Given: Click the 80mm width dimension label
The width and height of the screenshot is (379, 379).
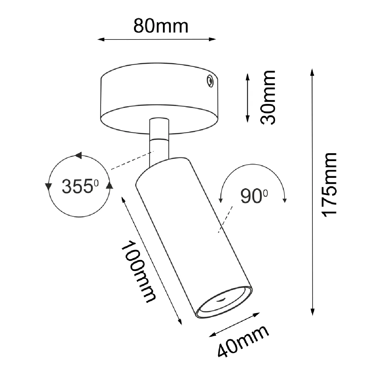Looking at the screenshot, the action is (161, 26).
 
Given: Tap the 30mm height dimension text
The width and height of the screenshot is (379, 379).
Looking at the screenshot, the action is (268, 97).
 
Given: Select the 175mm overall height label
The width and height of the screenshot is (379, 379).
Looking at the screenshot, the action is (329, 185).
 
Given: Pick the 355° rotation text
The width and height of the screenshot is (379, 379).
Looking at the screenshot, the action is (80, 186).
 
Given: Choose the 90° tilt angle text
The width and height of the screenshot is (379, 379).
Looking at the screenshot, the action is (254, 196).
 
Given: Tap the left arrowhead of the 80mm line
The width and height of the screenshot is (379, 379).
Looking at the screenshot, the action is (101, 39).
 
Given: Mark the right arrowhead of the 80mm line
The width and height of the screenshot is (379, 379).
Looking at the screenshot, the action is (213, 39).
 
